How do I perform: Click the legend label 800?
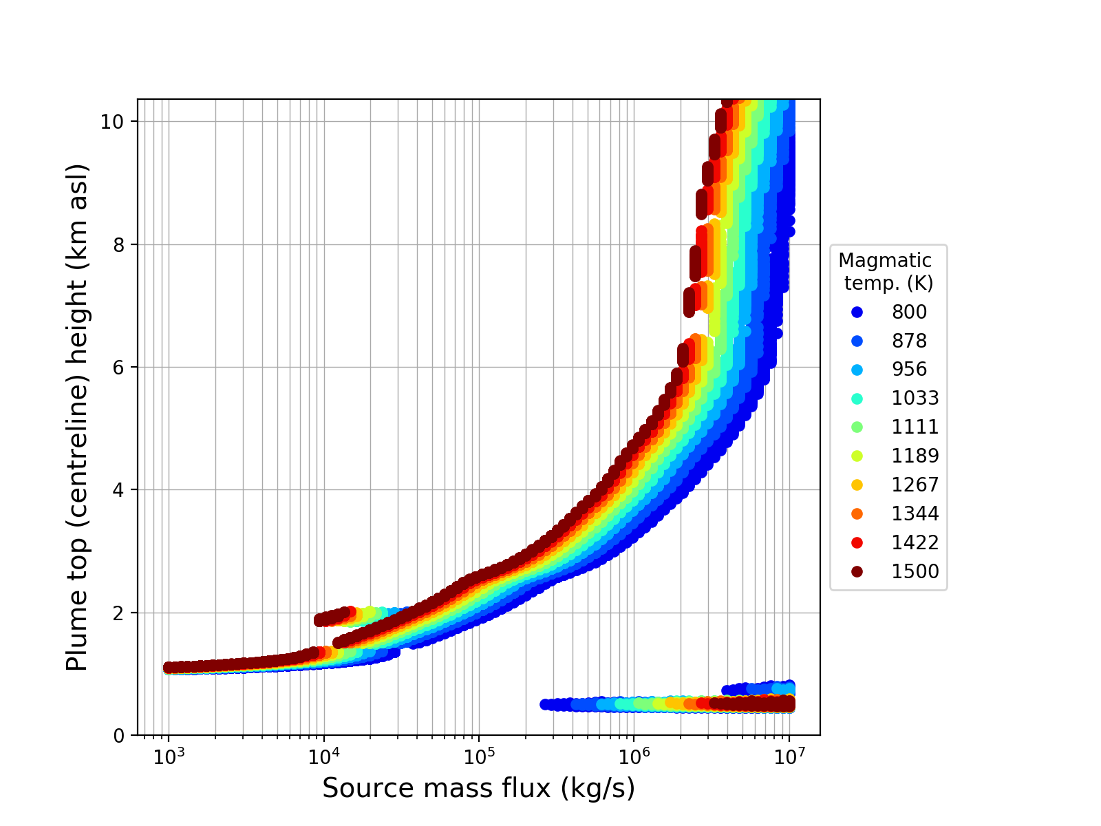click(909, 312)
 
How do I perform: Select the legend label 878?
click(909, 341)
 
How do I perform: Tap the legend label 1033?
click(915, 399)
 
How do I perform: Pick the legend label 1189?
click(915, 456)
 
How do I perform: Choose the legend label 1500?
click(915, 572)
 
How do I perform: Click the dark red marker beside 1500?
click(857, 572)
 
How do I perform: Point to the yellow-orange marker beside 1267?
click(857, 485)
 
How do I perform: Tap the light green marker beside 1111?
click(857, 427)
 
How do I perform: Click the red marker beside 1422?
click(857, 543)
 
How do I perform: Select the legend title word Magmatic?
click(885, 261)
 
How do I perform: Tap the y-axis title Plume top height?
click(78, 417)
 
